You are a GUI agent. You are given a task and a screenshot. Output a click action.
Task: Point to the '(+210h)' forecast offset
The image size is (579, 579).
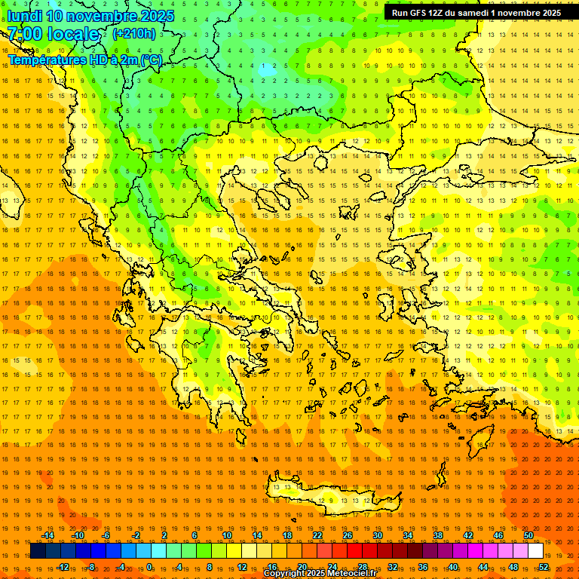pos(134,33)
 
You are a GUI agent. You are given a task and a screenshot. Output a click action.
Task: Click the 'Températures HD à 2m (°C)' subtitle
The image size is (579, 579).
pos(84,60)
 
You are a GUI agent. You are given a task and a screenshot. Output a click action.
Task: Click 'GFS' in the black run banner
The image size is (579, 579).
pos(420,13)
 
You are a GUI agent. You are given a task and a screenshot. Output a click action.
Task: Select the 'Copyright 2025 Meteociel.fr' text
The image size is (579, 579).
pos(320,574)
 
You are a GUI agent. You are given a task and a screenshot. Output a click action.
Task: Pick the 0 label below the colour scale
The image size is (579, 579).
pos(149,566)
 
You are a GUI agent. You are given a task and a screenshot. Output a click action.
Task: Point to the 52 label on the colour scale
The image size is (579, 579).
pos(544,566)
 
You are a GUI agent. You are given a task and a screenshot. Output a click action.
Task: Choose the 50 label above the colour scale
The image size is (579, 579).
pos(528,535)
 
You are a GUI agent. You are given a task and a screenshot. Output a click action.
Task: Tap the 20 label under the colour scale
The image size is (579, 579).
pos(302,566)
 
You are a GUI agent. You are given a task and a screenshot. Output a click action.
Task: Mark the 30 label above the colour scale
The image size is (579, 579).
pos(378,535)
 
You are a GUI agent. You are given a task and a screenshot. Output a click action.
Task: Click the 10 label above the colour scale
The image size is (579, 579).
pos(227,535)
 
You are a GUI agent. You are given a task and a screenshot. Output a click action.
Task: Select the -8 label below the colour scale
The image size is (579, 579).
pos(91,566)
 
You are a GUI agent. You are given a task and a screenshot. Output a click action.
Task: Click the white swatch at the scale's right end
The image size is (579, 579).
pos(535,551)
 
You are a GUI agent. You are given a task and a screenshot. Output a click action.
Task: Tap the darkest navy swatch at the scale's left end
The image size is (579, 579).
pos(38,551)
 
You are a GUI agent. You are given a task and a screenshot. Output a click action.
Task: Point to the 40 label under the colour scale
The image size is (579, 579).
pos(453,566)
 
